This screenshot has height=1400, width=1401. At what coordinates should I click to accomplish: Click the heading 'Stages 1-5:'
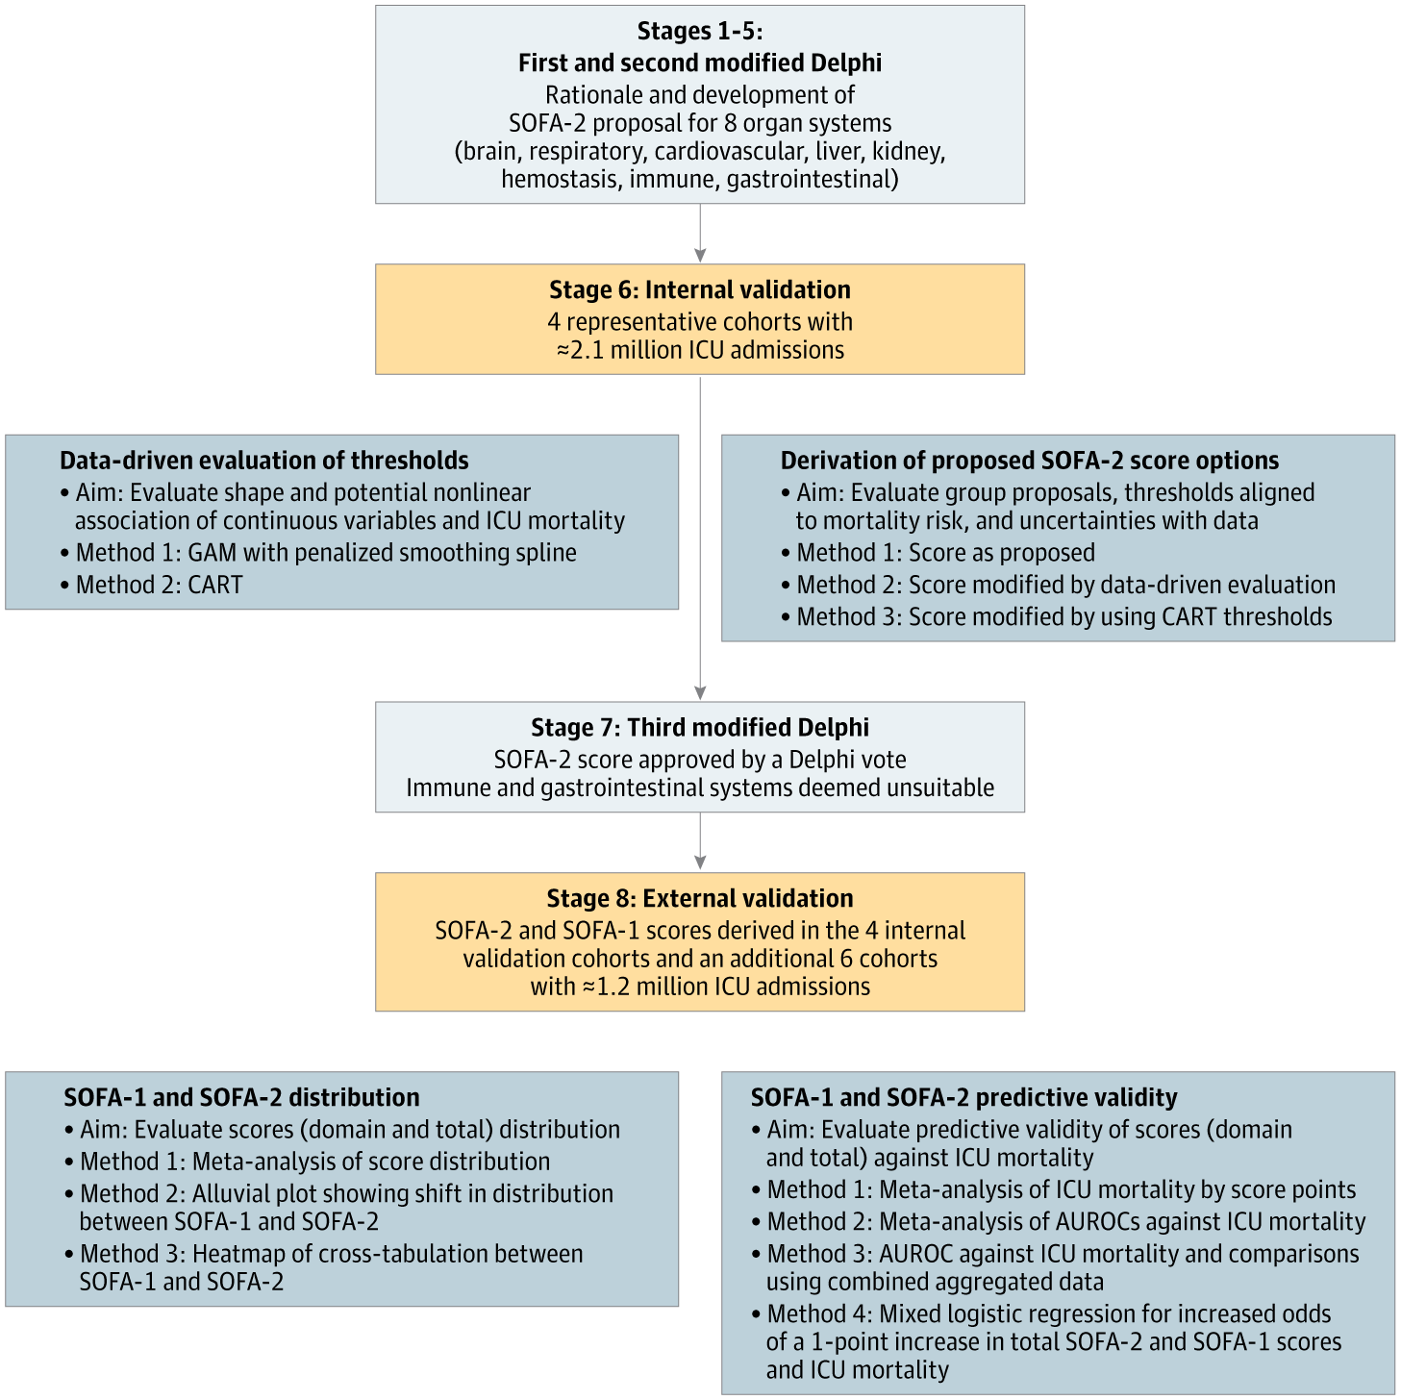pos(699,32)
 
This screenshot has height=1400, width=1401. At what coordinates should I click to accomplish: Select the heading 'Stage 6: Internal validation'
pos(699,289)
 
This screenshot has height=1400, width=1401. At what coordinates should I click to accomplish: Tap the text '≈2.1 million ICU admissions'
pos(699,350)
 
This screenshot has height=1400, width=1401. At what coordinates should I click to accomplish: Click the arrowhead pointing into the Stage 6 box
pos(700,255)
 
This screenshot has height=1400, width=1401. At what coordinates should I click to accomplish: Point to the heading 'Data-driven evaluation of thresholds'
pos(263,461)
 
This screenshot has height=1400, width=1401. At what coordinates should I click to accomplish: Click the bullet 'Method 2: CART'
pos(159,585)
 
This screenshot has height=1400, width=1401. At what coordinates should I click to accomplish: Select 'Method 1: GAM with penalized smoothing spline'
pos(326,553)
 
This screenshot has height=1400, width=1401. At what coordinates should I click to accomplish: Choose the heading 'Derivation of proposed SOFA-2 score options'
pos(1029,461)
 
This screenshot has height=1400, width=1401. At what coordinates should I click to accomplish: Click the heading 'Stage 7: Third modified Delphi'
pos(699,728)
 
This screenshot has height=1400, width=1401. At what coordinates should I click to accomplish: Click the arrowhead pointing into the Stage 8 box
pos(700,862)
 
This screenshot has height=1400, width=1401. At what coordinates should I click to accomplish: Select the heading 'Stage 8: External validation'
pos(699,898)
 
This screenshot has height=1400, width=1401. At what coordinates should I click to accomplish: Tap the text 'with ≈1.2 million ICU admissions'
pos(699,987)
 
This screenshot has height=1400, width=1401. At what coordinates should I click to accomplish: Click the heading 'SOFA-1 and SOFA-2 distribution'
pos(241,1097)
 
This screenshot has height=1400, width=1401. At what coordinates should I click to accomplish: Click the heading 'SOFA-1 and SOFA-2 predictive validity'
pos(963,1097)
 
